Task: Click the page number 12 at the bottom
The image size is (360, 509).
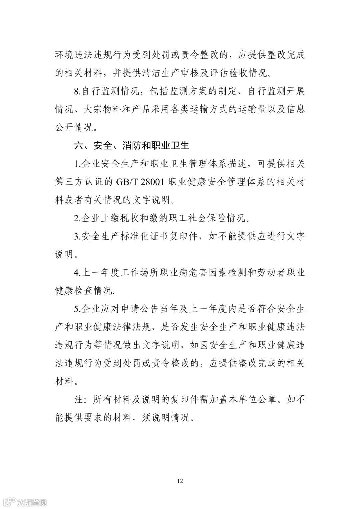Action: click(x=180, y=481)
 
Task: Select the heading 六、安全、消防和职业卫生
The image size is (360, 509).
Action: click(x=132, y=146)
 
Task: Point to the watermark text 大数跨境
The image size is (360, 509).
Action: click(x=32, y=502)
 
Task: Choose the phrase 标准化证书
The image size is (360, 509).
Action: click(x=153, y=236)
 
